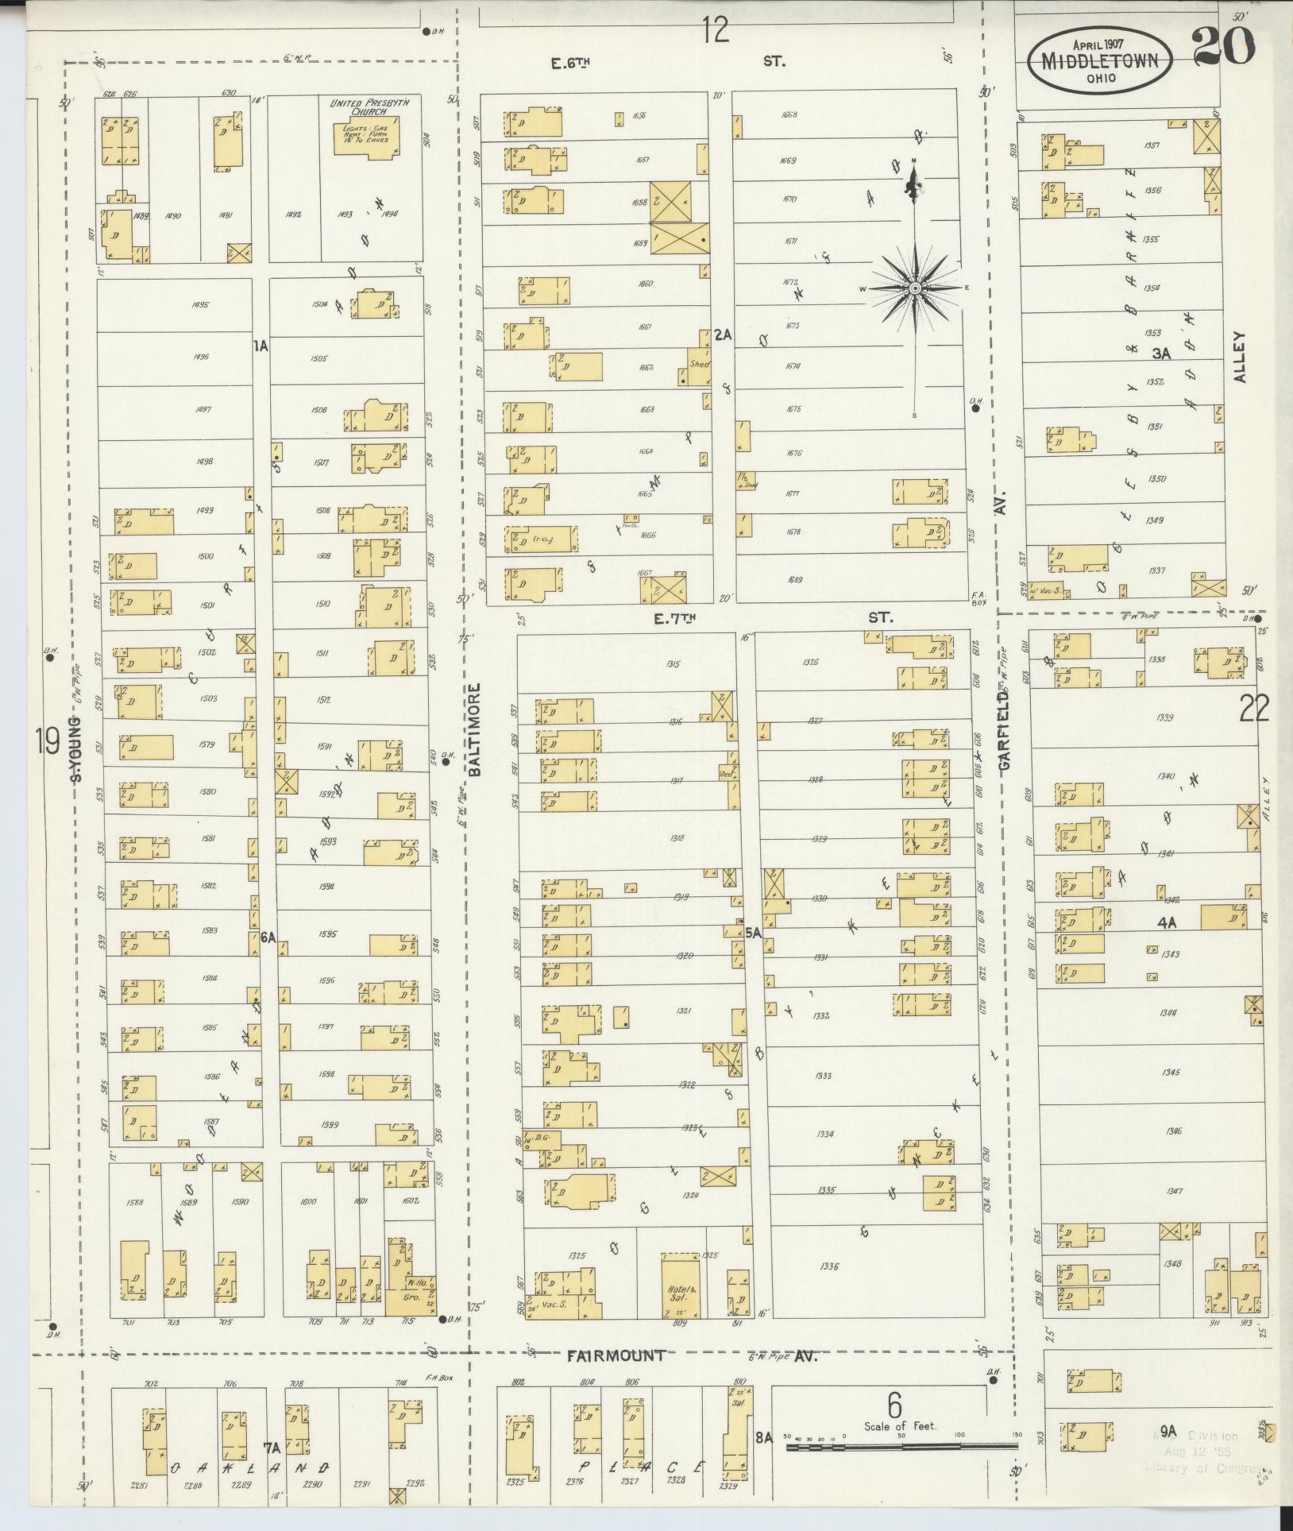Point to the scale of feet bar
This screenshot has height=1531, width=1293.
tap(902, 1447)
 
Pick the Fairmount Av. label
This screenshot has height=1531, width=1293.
tap(616, 1356)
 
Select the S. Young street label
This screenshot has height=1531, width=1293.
tap(77, 748)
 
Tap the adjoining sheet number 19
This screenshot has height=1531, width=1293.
tap(48, 743)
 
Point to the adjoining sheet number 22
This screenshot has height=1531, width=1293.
tap(1254, 708)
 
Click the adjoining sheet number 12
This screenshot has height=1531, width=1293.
tap(715, 30)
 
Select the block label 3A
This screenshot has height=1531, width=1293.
tap(1161, 354)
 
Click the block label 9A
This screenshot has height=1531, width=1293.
tap(1167, 1432)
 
